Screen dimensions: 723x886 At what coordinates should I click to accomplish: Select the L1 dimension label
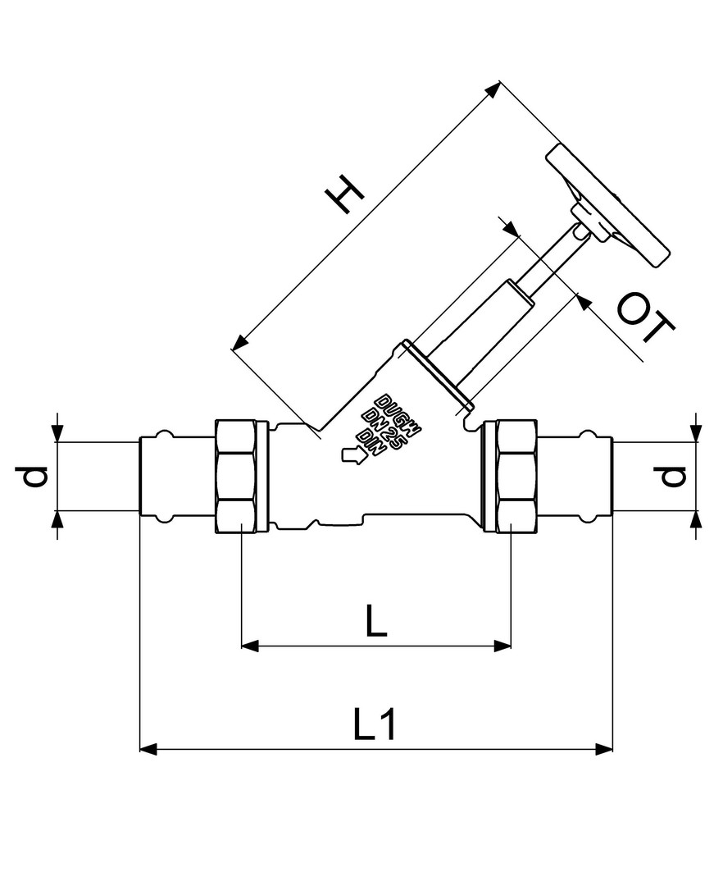(375, 724)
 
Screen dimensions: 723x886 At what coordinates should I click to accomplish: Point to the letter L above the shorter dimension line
(376, 620)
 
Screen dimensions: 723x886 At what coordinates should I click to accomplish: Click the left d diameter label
(35, 477)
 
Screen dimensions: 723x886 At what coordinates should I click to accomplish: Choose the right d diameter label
(671, 475)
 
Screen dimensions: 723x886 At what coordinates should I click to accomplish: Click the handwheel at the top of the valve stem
(607, 206)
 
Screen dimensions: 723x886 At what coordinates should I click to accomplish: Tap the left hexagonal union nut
(241, 476)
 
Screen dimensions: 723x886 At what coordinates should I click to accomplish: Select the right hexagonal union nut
(510, 476)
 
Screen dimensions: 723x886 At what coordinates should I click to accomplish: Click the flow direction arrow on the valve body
(353, 455)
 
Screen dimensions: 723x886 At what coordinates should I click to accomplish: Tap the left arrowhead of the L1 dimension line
(148, 750)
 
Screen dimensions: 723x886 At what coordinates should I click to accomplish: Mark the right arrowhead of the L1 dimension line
(604, 750)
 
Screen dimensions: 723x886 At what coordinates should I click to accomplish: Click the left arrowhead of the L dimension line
(250, 646)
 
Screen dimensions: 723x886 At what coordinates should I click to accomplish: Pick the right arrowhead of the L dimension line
(502, 646)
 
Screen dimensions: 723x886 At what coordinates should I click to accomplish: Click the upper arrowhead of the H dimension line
(493, 90)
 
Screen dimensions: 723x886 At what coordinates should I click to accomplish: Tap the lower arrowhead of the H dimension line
(240, 342)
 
